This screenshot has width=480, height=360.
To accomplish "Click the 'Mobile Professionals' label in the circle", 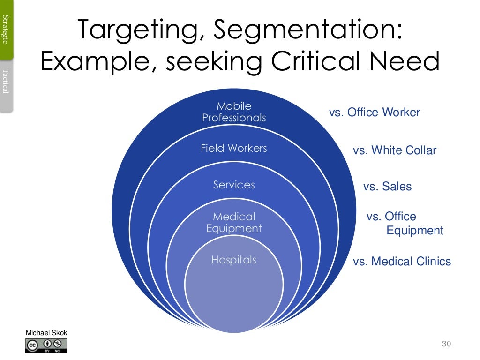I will pos(234,112).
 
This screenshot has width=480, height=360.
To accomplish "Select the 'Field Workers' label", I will pos(234,149).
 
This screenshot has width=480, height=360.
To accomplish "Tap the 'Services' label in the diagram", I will pos(234,185).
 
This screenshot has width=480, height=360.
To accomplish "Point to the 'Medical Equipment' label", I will pos(234,223).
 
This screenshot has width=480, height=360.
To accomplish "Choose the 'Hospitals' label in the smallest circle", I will pos(234,260).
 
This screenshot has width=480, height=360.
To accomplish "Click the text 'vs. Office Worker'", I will pos(375,112).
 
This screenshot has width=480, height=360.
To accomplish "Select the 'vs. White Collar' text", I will pos(394,150).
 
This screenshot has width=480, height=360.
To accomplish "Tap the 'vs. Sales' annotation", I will pos(387,187).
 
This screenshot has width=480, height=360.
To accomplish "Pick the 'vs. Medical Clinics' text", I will pos(402,262).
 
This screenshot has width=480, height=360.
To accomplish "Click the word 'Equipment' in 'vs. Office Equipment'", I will pos(415,231).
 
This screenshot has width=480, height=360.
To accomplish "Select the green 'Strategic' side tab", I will pos(6,29).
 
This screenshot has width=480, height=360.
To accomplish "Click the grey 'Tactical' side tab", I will pos(6,82).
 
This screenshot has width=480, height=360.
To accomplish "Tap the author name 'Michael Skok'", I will pos(46,333).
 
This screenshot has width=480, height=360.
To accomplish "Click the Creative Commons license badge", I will pos(46,346).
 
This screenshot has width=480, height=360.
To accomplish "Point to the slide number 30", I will pos(446,345).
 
